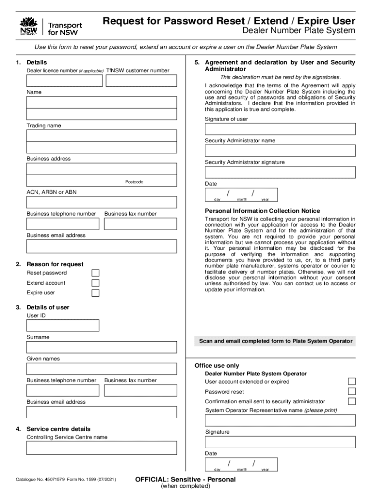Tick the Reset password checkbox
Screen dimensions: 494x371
point(95,274)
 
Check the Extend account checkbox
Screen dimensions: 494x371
point(95,283)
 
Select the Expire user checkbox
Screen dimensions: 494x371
point(95,293)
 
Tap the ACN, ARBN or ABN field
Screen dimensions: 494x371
point(101,202)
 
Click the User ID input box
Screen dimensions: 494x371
point(63,326)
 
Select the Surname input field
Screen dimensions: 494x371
point(101,347)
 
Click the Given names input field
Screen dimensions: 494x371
point(101,369)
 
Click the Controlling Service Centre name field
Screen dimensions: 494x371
point(101,448)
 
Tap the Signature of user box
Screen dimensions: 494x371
point(280,129)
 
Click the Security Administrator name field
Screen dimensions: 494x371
point(280,151)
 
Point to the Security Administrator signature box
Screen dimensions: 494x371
point(280,172)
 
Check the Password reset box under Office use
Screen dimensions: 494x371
point(352,391)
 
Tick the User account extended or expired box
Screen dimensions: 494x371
point(352,382)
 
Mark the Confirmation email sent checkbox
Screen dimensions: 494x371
point(352,401)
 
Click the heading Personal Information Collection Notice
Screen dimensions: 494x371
point(262,211)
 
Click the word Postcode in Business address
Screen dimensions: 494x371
point(134,182)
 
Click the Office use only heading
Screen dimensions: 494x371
point(216,366)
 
